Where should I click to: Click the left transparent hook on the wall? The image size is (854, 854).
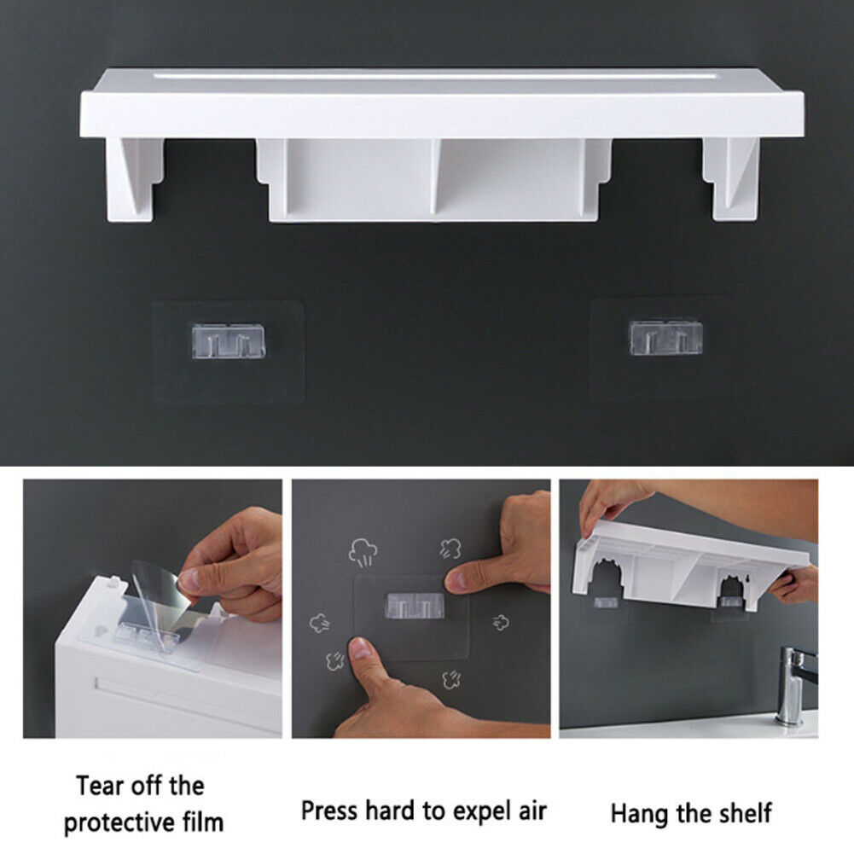pyautogui.click(x=229, y=341)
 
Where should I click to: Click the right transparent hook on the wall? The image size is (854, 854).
pyautogui.click(x=665, y=337)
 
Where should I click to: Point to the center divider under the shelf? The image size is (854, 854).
pyautogui.click(x=434, y=177)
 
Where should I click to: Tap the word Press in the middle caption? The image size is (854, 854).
pyautogui.click(x=329, y=810)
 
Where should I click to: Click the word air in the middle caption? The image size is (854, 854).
pyautogui.click(x=532, y=811)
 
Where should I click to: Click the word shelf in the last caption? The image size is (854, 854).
pyautogui.click(x=746, y=812)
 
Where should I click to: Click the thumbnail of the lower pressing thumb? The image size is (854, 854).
pyautogui.click(x=360, y=648)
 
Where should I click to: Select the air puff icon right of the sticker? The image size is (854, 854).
pyautogui.click(x=501, y=622)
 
